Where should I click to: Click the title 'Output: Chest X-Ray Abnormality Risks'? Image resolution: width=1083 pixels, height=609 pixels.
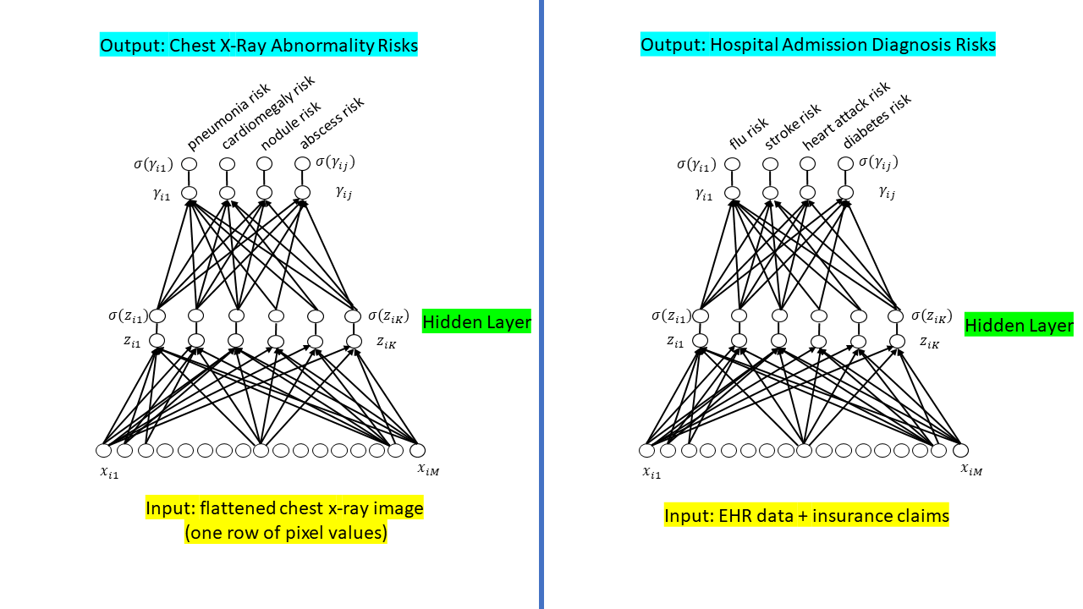click(259, 46)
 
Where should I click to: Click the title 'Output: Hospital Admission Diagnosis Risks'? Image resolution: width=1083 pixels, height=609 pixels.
click(817, 44)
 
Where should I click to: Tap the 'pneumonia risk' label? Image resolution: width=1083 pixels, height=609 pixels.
click(228, 117)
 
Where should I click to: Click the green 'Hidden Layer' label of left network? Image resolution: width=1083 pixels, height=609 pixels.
click(476, 321)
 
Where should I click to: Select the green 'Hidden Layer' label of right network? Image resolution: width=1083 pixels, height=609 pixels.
click(1019, 325)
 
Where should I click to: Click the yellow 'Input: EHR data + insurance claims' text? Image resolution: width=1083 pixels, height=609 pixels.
click(806, 515)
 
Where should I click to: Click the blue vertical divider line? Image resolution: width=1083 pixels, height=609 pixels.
click(541, 304)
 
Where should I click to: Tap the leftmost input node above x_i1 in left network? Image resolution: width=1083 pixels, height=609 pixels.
click(104, 450)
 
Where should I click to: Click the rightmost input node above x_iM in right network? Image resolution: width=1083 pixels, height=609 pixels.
click(960, 450)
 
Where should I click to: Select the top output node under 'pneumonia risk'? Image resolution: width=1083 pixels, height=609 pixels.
click(190, 163)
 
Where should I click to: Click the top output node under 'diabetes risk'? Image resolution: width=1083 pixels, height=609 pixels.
click(845, 163)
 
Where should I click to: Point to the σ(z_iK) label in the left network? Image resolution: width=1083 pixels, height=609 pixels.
click(388, 316)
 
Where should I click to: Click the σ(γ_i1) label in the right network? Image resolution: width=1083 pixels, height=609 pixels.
click(699, 163)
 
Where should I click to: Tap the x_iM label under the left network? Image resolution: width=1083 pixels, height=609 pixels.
click(427, 469)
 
